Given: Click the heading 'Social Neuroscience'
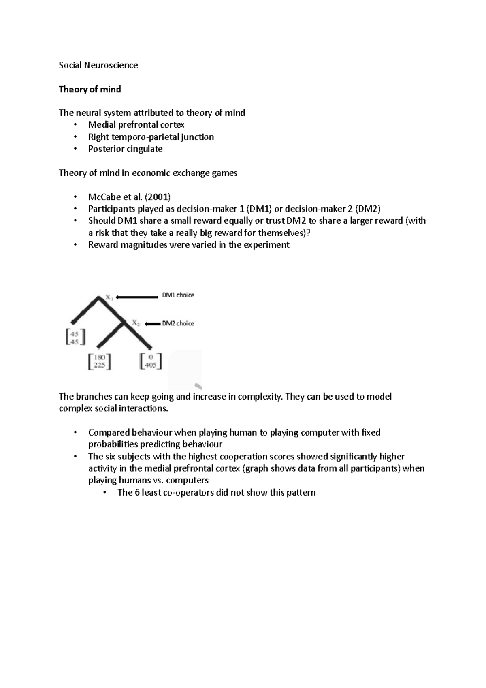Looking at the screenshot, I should tap(98, 65).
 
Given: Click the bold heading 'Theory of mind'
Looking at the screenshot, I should tap(90, 89).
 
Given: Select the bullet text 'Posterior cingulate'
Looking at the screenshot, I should tap(125, 149).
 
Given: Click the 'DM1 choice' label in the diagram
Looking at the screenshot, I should tap(178, 295).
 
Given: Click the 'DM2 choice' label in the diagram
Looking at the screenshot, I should tap(178, 323).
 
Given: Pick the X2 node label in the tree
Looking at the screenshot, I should tap(136, 323).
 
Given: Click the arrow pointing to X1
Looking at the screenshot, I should tap(136, 297).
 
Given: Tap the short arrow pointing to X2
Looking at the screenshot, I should tap(152, 323).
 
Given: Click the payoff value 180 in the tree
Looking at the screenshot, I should tap(100, 358).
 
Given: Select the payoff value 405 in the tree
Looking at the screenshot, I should tap(151, 365).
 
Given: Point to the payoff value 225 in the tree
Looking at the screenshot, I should tap(100, 365).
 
